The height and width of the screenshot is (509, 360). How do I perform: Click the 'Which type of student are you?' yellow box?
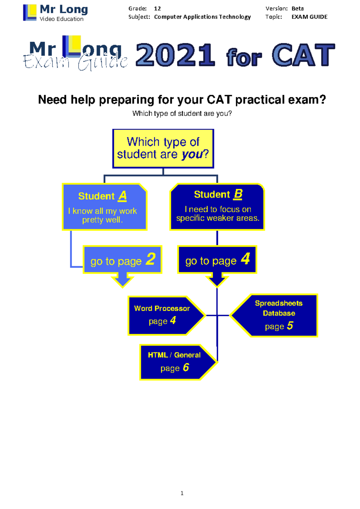[163, 149]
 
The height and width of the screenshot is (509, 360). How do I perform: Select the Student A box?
[104, 207]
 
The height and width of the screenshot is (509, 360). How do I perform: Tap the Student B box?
[217, 207]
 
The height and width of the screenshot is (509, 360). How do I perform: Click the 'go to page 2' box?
[122, 260]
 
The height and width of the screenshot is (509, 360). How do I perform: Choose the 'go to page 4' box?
[217, 260]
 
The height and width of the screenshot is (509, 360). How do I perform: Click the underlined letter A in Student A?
[122, 196]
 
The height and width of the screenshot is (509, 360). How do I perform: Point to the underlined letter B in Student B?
[238, 194]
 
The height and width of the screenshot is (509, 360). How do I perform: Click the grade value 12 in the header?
[157, 8]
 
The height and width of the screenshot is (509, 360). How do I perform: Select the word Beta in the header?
[298, 8]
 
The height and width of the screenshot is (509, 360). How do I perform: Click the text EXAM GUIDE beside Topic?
[309, 17]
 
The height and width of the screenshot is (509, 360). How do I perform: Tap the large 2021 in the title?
[175, 55]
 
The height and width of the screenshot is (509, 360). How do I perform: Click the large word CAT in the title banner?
[303, 55]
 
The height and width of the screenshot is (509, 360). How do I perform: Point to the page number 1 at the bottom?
[182, 493]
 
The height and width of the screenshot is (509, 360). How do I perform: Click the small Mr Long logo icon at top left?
[30, 13]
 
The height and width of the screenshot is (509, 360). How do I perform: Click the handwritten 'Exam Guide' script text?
[75, 62]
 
